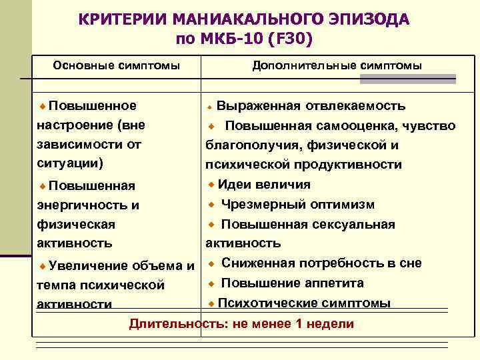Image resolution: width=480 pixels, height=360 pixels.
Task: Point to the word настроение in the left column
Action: pyautogui.click(x=73, y=125)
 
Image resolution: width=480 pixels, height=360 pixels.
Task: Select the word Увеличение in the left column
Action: pyautogui.click(x=88, y=266)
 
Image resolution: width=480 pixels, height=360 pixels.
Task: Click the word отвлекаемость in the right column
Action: pyautogui.click(x=356, y=106)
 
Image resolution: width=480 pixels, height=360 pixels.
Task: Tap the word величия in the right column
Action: pyautogui.click(x=283, y=185)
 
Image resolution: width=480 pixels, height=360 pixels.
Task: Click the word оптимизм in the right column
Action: pyautogui.click(x=343, y=205)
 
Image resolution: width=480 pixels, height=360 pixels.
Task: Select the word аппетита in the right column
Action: pyautogui.click(x=332, y=283)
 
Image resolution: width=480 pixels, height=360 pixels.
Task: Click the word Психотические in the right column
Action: pyautogui.click(x=264, y=303)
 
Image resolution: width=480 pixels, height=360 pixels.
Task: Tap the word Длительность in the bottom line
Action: pyautogui.click(x=170, y=324)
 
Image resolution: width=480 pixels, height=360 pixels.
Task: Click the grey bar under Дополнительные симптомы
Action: pyautogui.click(x=407, y=79)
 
